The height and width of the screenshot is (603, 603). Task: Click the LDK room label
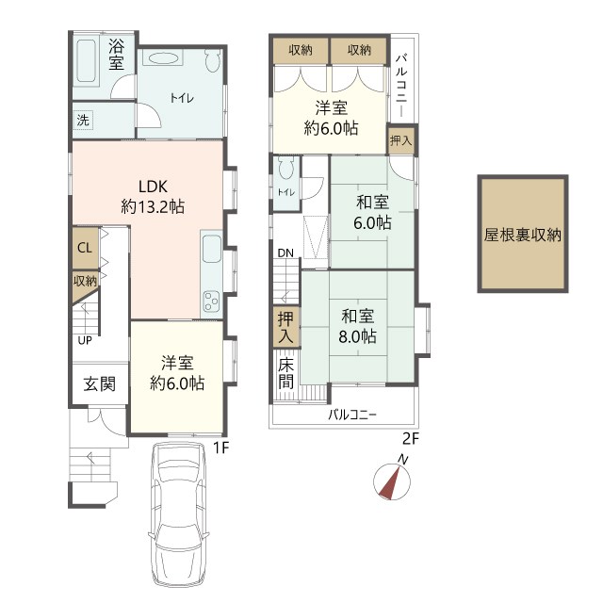pyautogui.click(x=153, y=197)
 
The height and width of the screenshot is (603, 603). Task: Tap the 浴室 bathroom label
pyautogui.click(x=116, y=55)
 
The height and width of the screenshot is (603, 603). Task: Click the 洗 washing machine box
pyautogui.click(x=83, y=121)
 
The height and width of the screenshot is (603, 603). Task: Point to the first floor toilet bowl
pyautogui.click(x=212, y=60)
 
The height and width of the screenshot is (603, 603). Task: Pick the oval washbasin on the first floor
pyautogui.click(x=163, y=59)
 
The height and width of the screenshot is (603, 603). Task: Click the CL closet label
pyautogui.click(x=85, y=248)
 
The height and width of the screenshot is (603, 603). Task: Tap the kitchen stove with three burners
pyautogui.click(x=211, y=301)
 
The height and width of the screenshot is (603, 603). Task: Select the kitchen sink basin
pyautogui.click(x=211, y=249)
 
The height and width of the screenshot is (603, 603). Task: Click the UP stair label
pyautogui.click(x=85, y=340)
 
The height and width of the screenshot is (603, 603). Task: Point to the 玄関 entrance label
pyautogui.click(x=100, y=383)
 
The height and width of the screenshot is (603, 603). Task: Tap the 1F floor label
pyautogui.click(x=221, y=448)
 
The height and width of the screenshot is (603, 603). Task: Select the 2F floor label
pyautogui.click(x=411, y=438)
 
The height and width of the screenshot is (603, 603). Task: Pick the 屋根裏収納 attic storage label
pyautogui.click(x=523, y=235)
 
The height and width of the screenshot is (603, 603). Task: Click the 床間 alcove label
pyautogui.click(x=286, y=373)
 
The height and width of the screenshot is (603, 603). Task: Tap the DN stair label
pyautogui.click(x=285, y=253)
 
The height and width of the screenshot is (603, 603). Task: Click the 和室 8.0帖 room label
pyautogui.click(x=358, y=327)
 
